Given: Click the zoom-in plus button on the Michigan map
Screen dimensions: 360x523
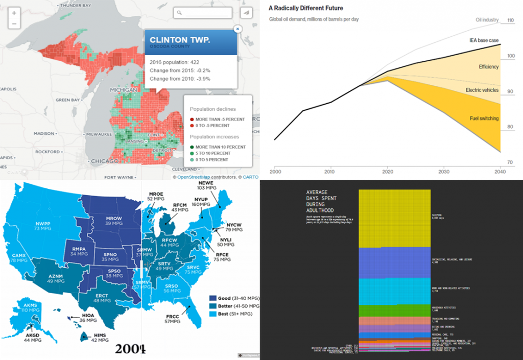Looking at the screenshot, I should tap(14, 13).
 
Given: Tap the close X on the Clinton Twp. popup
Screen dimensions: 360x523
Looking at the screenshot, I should tap(237, 29).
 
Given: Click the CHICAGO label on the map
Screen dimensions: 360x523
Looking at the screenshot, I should tap(104, 161).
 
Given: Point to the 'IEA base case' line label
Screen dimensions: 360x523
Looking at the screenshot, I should tap(484, 40).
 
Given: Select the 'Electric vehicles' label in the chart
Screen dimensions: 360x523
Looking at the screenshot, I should tap(482, 90).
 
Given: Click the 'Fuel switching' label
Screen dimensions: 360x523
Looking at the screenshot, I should tap(484, 118).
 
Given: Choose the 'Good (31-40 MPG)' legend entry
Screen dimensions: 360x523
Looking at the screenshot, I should tap(233, 298).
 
